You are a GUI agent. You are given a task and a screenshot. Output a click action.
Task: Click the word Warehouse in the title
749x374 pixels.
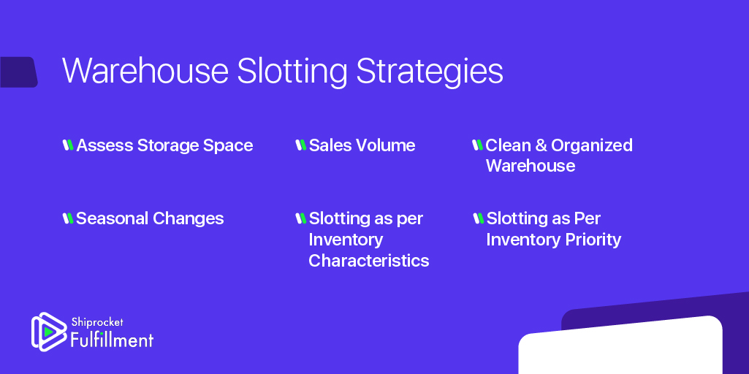pyautogui.click(x=145, y=72)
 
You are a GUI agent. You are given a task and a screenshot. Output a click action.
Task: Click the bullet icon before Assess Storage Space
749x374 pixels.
pyautogui.click(x=68, y=145)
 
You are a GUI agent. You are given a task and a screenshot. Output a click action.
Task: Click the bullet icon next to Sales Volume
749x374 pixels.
pyautogui.click(x=300, y=145)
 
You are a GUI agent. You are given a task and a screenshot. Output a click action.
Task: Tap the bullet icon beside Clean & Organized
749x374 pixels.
pyautogui.click(x=478, y=145)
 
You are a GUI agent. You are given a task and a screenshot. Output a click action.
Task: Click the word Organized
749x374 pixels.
pyautogui.click(x=592, y=146)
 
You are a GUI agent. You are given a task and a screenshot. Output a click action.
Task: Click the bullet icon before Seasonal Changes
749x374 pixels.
pyautogui.click(x=68, y=218)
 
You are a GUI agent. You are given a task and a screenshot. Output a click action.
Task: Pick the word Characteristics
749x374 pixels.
pyautogui.click(x=368, y=261)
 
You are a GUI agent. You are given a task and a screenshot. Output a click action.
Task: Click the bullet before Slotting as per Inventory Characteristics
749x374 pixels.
pyautogui.click(x=300, y=218)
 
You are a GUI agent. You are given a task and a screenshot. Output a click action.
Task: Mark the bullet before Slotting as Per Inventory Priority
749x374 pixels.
pyautogui.click(x=479, y=218)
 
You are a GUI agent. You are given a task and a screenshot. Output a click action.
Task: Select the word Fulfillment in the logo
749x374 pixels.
pyautogui.click(x=112, y=339)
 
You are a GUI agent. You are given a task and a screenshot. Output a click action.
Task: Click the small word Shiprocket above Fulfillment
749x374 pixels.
pyautogui.click(x=96, y=321)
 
